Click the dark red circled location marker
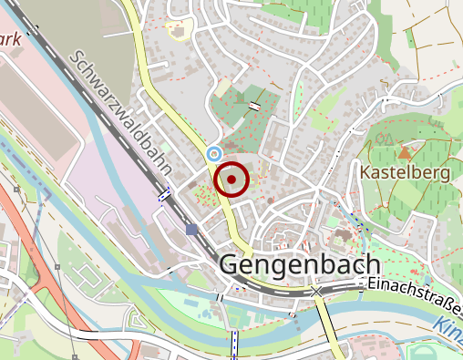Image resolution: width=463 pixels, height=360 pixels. tap(231, 180)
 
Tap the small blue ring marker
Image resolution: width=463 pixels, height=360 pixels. tap(214, 153)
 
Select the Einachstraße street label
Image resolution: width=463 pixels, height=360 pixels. tap(415, 286)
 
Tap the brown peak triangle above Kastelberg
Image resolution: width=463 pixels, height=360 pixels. tap(404, 145)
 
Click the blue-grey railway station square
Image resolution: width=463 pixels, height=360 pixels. tap(191, 229)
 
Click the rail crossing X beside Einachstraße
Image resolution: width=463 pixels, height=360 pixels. tap(316, 291)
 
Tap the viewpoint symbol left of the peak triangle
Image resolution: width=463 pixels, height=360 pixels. tap(384, 139)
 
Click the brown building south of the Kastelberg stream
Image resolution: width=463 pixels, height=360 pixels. tap(341, 236)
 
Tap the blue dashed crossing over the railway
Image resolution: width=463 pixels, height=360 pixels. tap(165, 194)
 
